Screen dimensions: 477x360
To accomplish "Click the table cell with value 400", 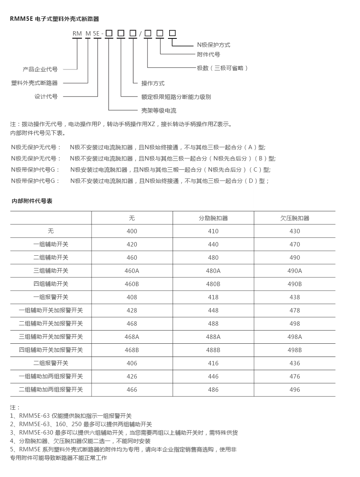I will (x=132, y=231).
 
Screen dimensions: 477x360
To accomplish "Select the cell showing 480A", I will (x=213, y=271).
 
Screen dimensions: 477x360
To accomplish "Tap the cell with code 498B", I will (x=294, y=350).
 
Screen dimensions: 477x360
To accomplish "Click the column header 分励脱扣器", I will (x=213, y=218).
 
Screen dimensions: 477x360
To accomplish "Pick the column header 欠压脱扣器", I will (x=294, y=218).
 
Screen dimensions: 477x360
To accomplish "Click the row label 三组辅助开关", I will (x=51, y=271).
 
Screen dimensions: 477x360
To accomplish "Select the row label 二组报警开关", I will (x=51, y=363).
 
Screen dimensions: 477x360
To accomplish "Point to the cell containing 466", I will (x=132, y=390).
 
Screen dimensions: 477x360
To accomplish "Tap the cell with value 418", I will (x=213, y=297).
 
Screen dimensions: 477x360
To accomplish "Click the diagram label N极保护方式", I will (x=214, y=45).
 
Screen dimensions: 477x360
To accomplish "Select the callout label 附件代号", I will (x=208, y=54).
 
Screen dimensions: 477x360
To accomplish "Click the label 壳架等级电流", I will (x=159, y=110).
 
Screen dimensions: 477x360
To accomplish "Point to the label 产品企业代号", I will (x=40, y=69).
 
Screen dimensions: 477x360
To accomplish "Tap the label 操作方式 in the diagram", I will (x=153, y=83).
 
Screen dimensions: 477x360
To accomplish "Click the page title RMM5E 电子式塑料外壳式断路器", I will (x=54, y=19).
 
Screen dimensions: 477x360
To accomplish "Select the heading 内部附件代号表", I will (x=32, y=201).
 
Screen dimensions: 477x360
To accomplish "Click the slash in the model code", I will (x=140, y=34).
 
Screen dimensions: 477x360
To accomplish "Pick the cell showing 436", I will (x=294, y=363).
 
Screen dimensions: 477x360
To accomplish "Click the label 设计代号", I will (x=46, y=96).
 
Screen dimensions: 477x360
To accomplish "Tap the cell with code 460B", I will (x=132, y=284).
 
